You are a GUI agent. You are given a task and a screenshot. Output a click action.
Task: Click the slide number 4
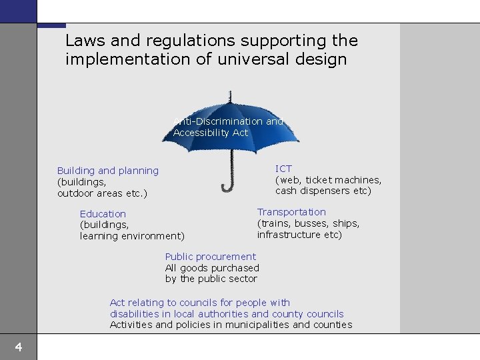point(19,347)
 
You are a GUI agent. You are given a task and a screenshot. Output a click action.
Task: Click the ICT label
point(283,169)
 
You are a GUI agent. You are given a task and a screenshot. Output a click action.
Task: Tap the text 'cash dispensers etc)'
point(323,191)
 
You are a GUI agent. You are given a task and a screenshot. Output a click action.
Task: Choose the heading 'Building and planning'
point(108,171)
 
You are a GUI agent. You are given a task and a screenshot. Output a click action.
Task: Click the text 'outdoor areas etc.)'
point(102,193)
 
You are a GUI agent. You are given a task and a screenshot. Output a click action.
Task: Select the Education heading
point(103,214)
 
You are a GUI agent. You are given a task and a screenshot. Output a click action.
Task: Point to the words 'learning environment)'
point(132,236)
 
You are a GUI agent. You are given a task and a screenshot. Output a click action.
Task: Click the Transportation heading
point(291,212)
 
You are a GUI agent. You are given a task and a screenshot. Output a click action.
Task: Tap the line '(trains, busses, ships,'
point(308,223)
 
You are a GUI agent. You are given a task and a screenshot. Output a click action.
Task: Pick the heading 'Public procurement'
point(210,257)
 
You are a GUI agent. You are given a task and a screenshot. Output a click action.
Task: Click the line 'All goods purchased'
point(212,268)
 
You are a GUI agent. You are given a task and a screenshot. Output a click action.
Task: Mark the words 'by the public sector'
point(211,279)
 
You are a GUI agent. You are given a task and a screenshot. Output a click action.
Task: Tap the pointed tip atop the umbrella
point(229,91)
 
